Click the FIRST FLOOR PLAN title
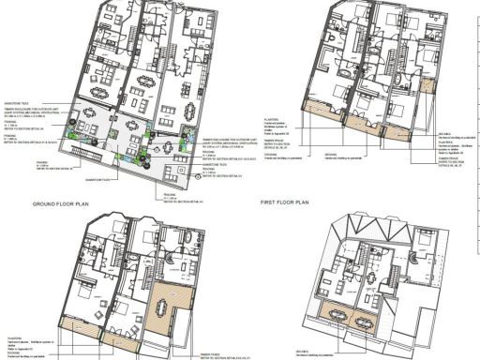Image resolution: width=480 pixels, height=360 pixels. pyautogui.click(x=288, y=201)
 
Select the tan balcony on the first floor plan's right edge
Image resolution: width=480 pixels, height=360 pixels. pyautogui.click(x=432, y=85)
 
